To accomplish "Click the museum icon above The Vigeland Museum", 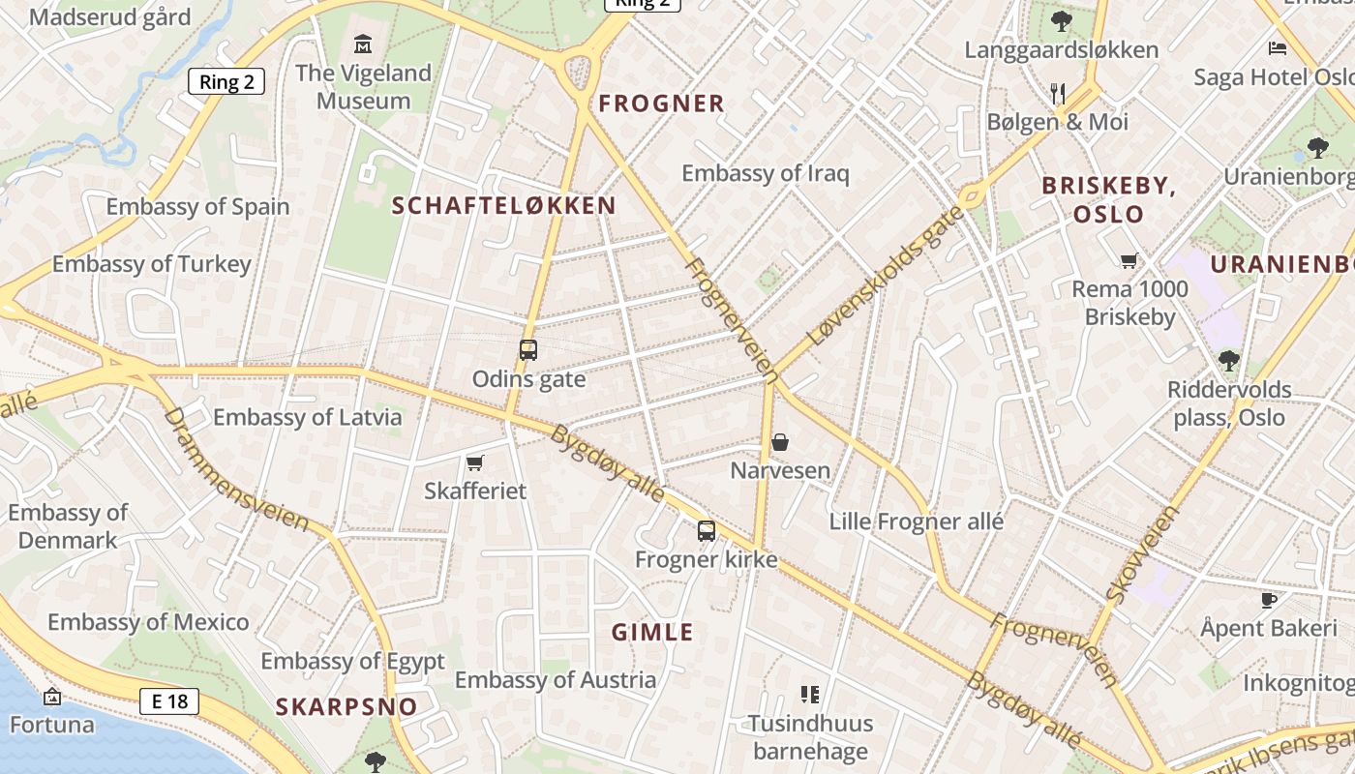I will tap(363, 44).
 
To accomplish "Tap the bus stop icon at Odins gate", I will tap(527, 350).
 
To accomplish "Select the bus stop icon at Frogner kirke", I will tap(707, 530).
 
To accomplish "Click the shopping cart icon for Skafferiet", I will tap(474, 462).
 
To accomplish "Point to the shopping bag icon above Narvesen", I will tap(780, 442).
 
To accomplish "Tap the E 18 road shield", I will tap(169, 701).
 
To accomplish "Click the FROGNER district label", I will tap(661, 104).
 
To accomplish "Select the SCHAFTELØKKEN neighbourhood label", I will tap(503, 205).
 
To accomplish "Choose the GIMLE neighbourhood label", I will tap(652, 633).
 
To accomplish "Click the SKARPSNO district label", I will tap(346, 706).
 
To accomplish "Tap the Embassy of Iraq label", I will tap(765, 174).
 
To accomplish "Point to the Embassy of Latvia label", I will tap(307, 418).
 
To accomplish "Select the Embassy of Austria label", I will tap(556, 680).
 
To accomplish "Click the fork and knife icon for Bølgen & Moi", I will tap(1058, 94).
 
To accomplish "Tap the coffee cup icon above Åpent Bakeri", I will tap(1268, 600).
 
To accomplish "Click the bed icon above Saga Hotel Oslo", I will tap(1278, 47).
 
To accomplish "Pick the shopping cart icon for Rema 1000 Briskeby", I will tap(1129, 260).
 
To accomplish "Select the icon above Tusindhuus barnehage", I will tap(810, 694).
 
